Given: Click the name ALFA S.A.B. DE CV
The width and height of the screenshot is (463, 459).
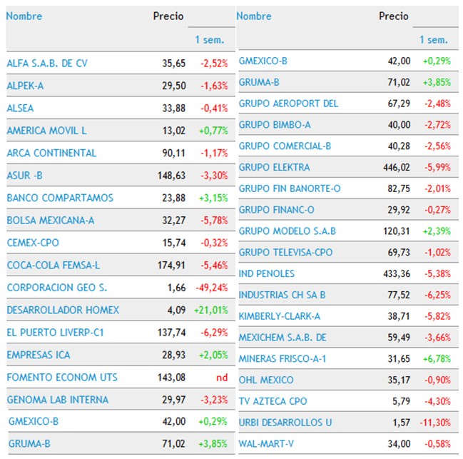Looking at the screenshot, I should click(x=47, y=64).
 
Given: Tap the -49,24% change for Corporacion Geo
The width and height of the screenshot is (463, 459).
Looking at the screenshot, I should click(x=211, y=288).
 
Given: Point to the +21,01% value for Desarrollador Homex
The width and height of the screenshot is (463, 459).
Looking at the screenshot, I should click(x=211, y=311).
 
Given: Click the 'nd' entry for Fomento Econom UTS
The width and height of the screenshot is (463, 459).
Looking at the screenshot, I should click(x=222, y=377).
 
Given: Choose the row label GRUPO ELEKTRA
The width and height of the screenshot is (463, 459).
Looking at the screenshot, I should click(x=274, y=167).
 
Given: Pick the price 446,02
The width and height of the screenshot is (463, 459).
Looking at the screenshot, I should click(x=396, y=167).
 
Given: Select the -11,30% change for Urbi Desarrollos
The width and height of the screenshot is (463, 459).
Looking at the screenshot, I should click(x=434, y=423).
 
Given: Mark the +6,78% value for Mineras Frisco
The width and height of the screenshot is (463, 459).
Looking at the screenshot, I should click(x=436, y=358).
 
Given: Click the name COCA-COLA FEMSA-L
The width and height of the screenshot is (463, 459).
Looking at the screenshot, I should click(x=53, y=266).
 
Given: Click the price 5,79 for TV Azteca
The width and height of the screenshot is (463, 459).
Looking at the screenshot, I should click(x=401, y=401).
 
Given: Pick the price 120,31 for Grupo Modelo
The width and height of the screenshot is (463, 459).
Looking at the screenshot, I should click(x=396, y=231).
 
